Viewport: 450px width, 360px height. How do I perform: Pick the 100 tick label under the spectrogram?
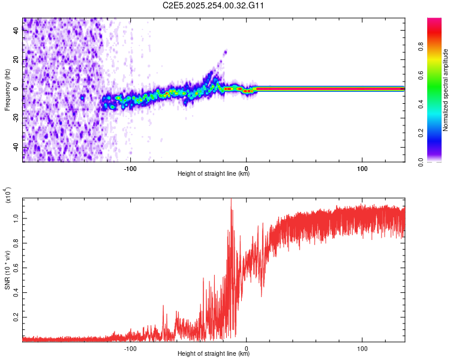point(362,167)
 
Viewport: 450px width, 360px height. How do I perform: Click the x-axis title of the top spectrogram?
point(214,174)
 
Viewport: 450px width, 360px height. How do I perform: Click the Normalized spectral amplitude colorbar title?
point(446,90)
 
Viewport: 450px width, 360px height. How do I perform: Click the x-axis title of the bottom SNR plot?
point(214,354)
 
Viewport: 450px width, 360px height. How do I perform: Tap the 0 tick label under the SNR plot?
point(247,347)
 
